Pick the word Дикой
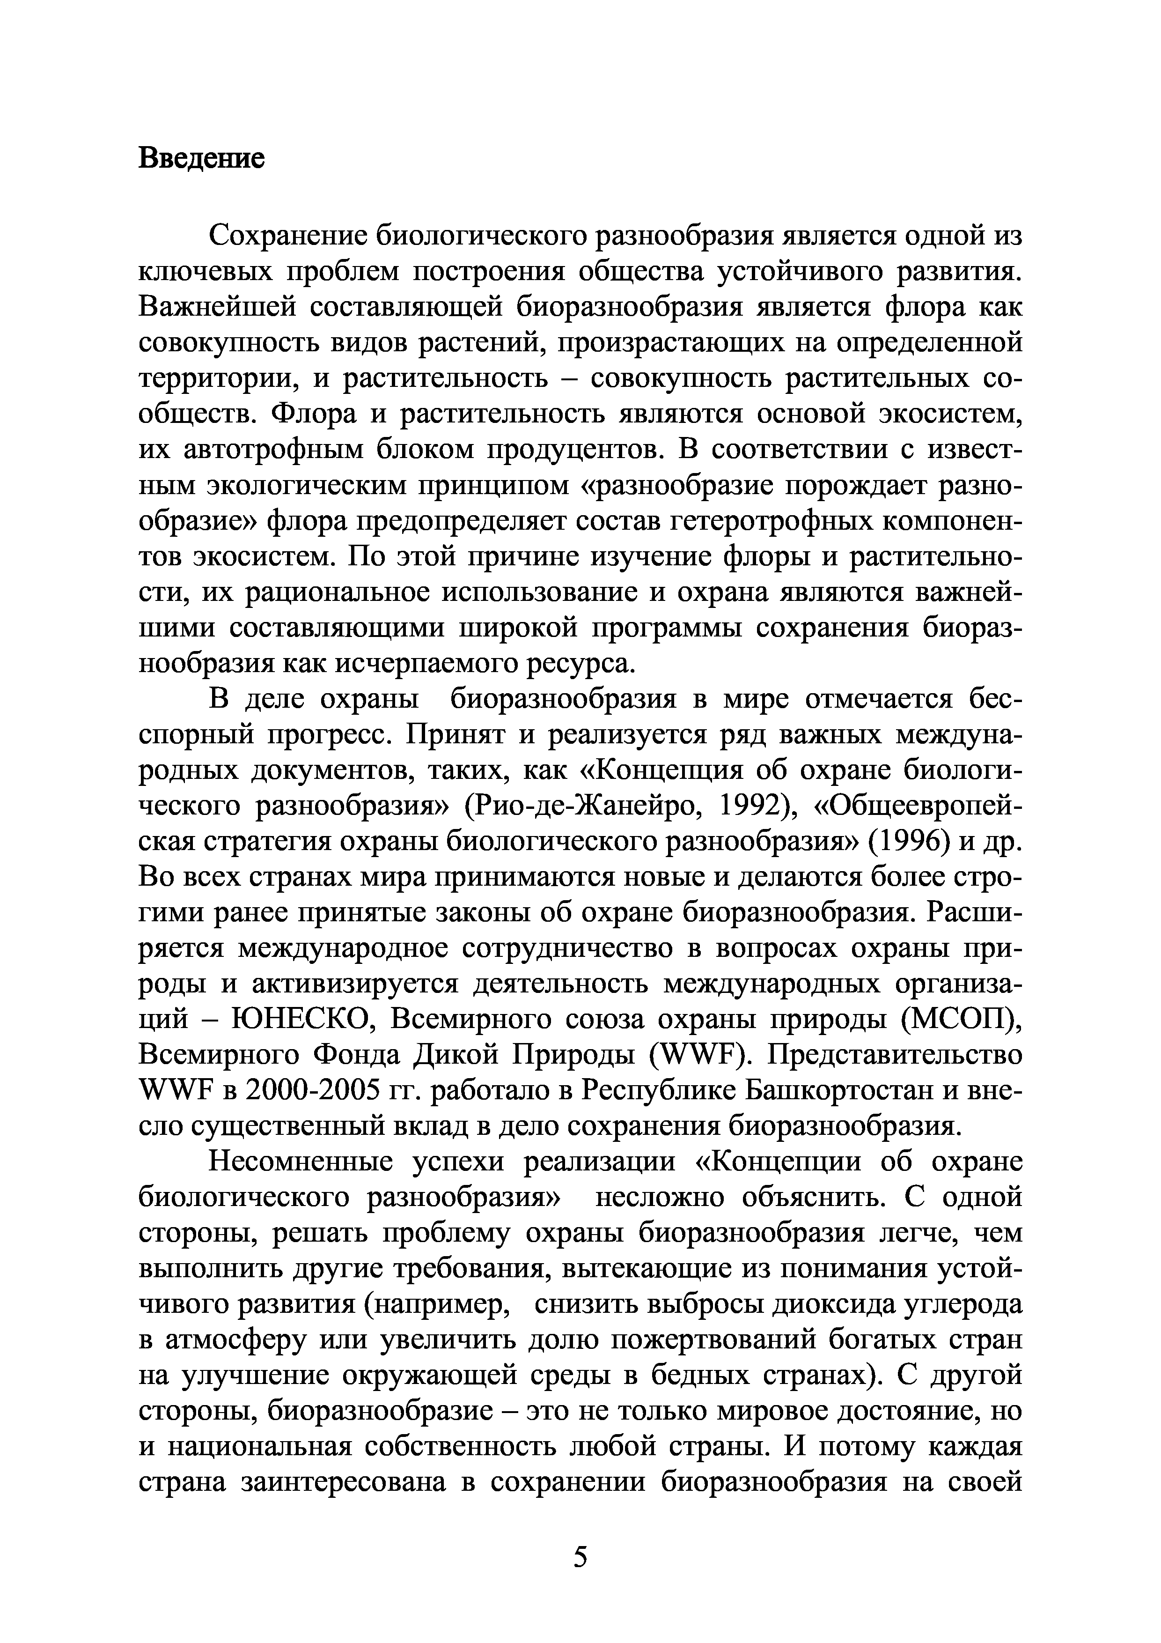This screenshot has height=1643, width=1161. tap(459, 1055)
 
